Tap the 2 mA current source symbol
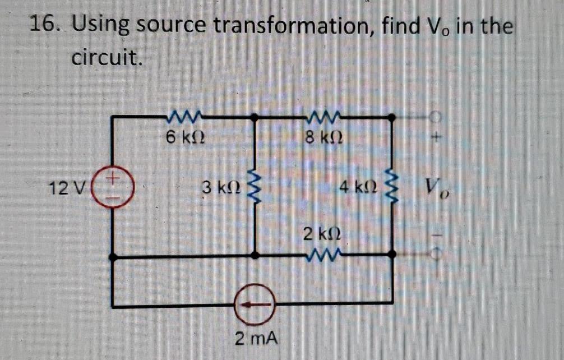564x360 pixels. [255, 303]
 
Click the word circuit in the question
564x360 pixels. [105, 57]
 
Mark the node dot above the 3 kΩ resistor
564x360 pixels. [255, 118]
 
